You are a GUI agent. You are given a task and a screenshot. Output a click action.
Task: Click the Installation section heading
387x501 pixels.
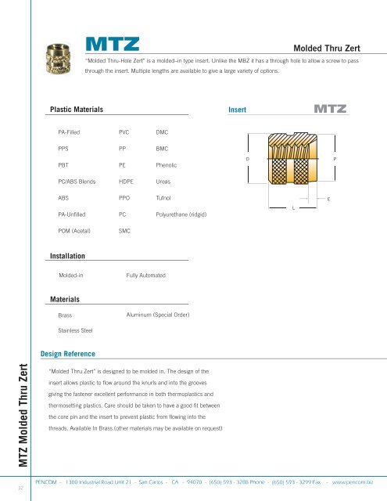[67, 255]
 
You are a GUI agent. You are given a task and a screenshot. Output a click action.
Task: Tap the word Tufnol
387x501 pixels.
[163, 198]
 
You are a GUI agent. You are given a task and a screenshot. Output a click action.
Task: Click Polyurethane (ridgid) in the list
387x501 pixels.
[182, 214]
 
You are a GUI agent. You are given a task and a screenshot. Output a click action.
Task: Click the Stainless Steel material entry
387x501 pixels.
[76, 331]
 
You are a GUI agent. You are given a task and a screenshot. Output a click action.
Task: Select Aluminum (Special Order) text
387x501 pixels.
[156, 314]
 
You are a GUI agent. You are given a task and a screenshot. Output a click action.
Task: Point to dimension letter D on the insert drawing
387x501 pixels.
[248, 159]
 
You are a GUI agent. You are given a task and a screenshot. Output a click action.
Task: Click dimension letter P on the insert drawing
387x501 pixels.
[335, 159]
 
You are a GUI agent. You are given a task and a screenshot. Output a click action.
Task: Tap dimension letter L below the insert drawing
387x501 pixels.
[293, 208]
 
